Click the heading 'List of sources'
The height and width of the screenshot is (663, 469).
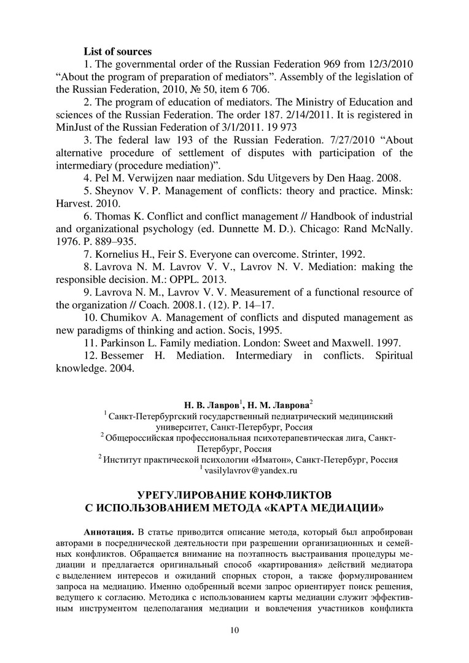pyautogui.click(x=117, y=52)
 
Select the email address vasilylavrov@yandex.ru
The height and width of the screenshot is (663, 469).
pyautogui.click(x=252, y=471)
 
